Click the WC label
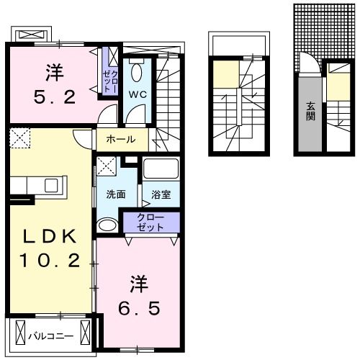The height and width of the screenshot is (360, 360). tap(138, 94)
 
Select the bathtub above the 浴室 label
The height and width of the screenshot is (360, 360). tap(160, 171)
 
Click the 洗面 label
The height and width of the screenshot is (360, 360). tap(116, 194)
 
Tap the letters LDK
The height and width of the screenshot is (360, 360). tap(50, 237)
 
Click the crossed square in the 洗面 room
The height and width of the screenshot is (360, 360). tap(106, 167)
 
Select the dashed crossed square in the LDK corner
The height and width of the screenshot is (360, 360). tap(19, 138)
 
